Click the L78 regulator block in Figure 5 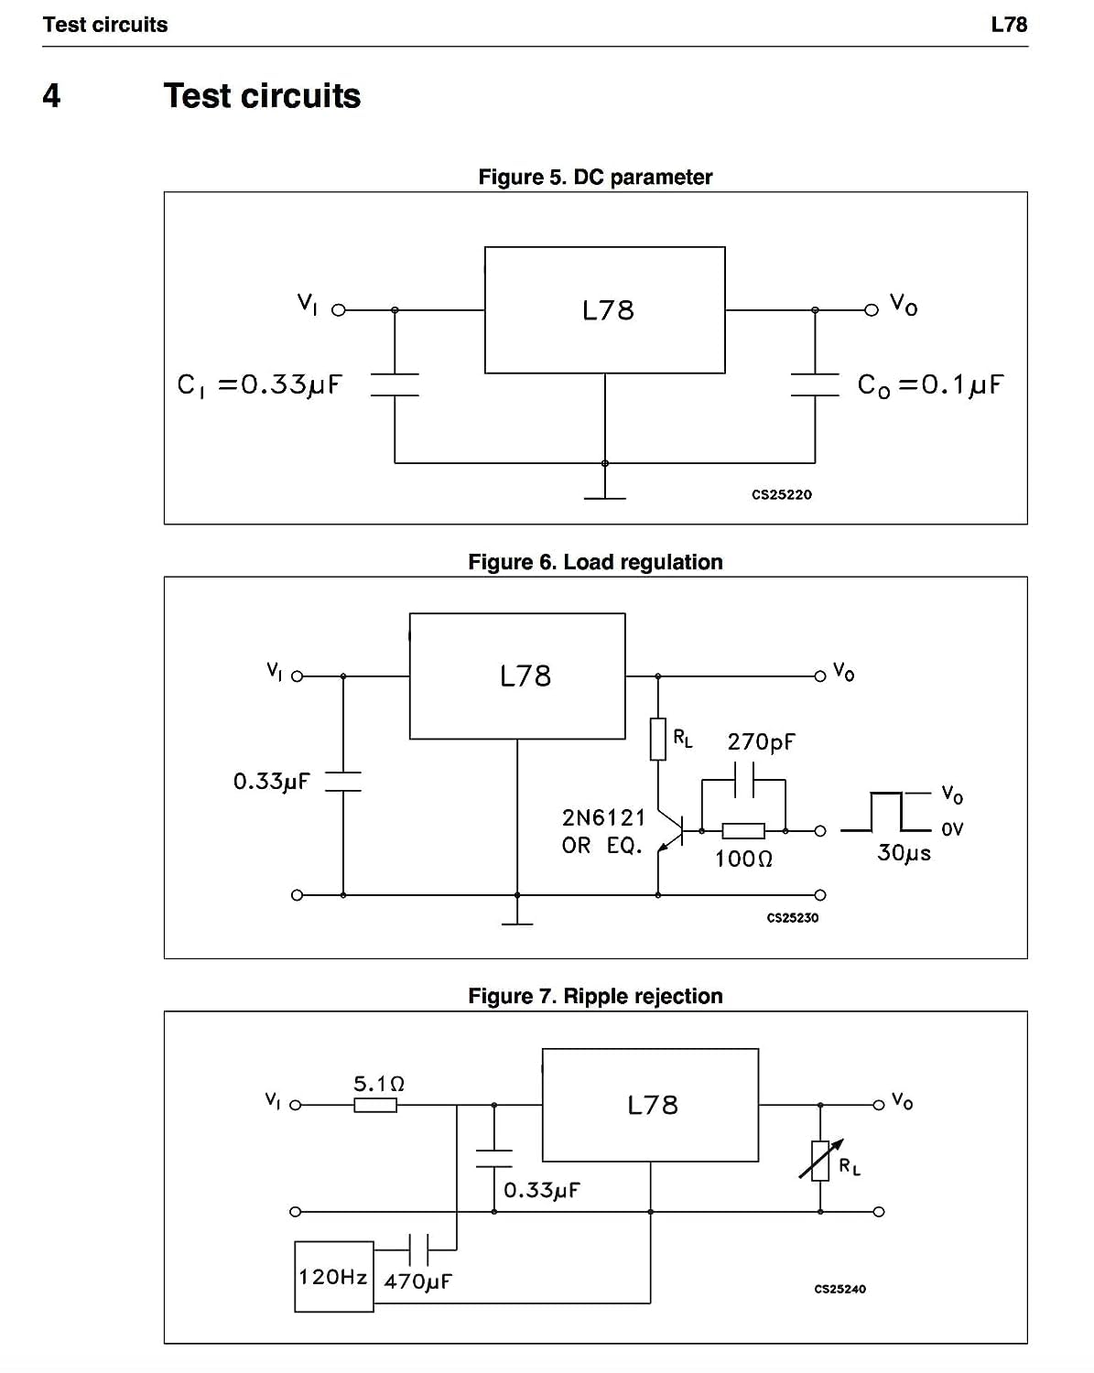(x=604, y=309)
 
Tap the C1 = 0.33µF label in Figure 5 (x=259, y=384)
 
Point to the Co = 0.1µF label (x=930, y=384)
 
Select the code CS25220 (x=781, y=494)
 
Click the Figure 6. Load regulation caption (x=595, y=562)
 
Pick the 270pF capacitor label (x=762, y=741)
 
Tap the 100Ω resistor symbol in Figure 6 (x=743, y=831)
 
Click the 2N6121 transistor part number (x=604, y=816)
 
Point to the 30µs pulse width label (x=904, y=853)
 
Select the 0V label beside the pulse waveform (x=952, y=829)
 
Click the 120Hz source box (x=334, y=1276)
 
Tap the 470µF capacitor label (x=418, y=1281)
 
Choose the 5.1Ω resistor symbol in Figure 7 (x=375, y=1105)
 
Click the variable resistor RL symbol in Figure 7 (x=820, y=1161)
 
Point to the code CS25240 (x=839, y=1289)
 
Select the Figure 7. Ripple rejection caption (x=595, y=996)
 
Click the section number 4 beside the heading (x=51, y=95)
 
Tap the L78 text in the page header (x=1009, y=25)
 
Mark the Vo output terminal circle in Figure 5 (x=872, y=310)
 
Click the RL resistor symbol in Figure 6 (x=658, y=740)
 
